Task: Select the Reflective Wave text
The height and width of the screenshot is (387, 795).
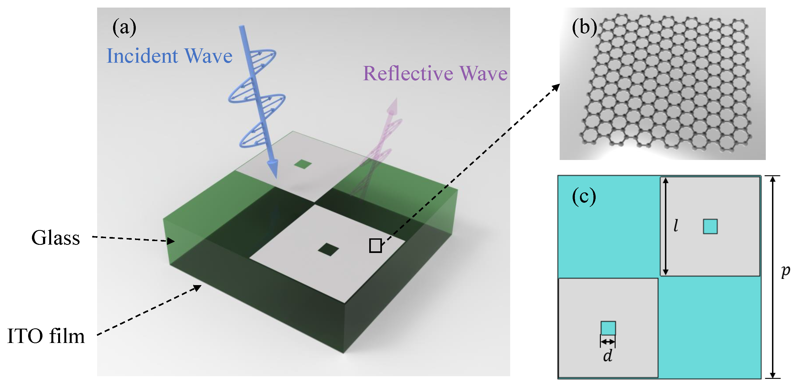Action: (435, 74)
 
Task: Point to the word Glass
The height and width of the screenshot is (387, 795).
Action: (55, 238)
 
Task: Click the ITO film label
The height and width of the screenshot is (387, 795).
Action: (46, 336)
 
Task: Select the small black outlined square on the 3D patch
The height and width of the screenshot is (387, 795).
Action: (375, 246)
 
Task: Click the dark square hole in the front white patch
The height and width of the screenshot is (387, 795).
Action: (328, 249)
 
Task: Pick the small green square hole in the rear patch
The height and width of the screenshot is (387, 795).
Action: (303, 164)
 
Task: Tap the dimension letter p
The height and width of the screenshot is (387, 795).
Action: (786, 271)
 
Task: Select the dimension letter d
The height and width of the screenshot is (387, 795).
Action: (608, 356)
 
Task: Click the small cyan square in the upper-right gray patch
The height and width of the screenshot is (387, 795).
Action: (710, 226)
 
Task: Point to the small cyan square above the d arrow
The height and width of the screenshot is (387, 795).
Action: (608, 328)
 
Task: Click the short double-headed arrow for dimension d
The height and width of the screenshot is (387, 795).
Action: (608, 342)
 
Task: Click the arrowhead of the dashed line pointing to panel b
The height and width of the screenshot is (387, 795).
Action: (556, 87)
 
